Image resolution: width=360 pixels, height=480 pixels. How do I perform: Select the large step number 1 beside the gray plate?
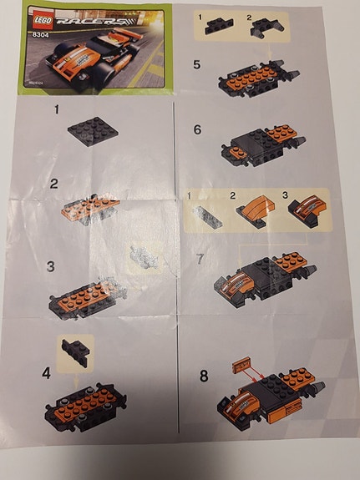click(x=57, y=110)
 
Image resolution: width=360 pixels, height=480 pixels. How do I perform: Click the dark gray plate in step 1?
click(x=93, y=129)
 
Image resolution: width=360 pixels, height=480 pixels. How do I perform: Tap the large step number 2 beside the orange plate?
click(x=54, y=184)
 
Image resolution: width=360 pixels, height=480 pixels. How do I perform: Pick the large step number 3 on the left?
click(x=51, y=267)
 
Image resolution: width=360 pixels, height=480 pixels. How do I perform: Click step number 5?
click(x=196, y=63)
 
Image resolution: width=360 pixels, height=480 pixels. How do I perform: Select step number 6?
click(x=197, y=130)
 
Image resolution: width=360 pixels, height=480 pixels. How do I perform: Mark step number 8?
click(x=203, y=375)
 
